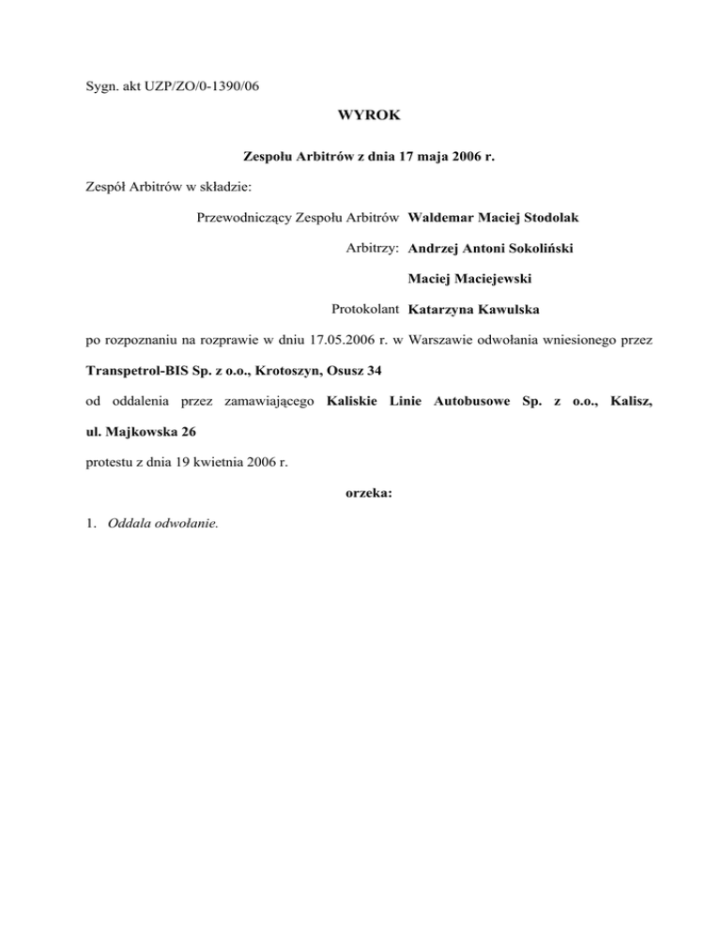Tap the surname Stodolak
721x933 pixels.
pos(545,219)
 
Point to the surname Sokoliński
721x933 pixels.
pos(533,249)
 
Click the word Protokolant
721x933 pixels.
pos(366,309)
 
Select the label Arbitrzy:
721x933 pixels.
pos(373,249)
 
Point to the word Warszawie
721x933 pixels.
pos(442,339)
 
